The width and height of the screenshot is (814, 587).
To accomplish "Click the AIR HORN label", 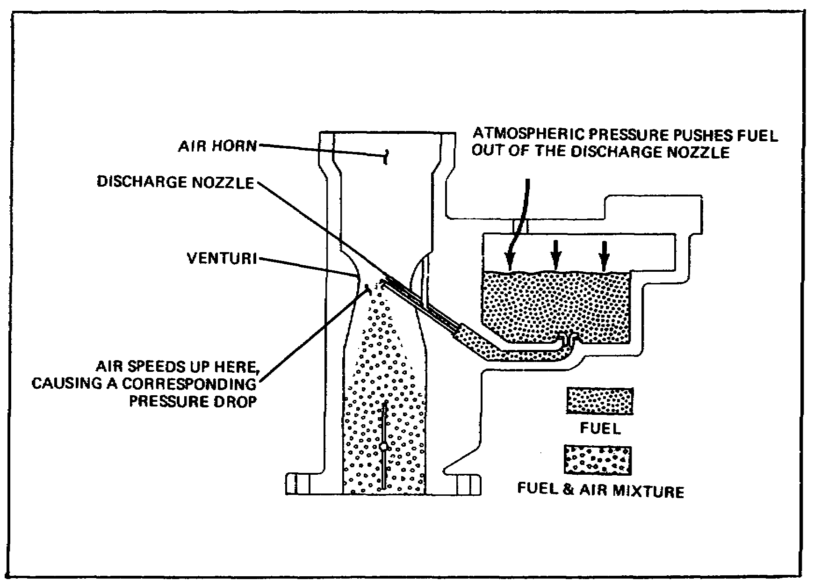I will [x=217, y=146].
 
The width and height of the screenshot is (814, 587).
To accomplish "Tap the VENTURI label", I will [x=222, y=258].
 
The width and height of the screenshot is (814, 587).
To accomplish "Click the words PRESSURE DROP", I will [x=193, y=402].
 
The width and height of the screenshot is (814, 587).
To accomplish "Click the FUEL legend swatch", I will [x=600, y=401].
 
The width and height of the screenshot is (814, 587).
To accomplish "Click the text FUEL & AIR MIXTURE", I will [x=600, y=491].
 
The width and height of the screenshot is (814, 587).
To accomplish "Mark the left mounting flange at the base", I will [x=304, y=484].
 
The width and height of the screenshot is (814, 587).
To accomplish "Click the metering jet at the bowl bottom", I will [x=569, y=338].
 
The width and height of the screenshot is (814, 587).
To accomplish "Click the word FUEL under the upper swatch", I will [x=600, y=428].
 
